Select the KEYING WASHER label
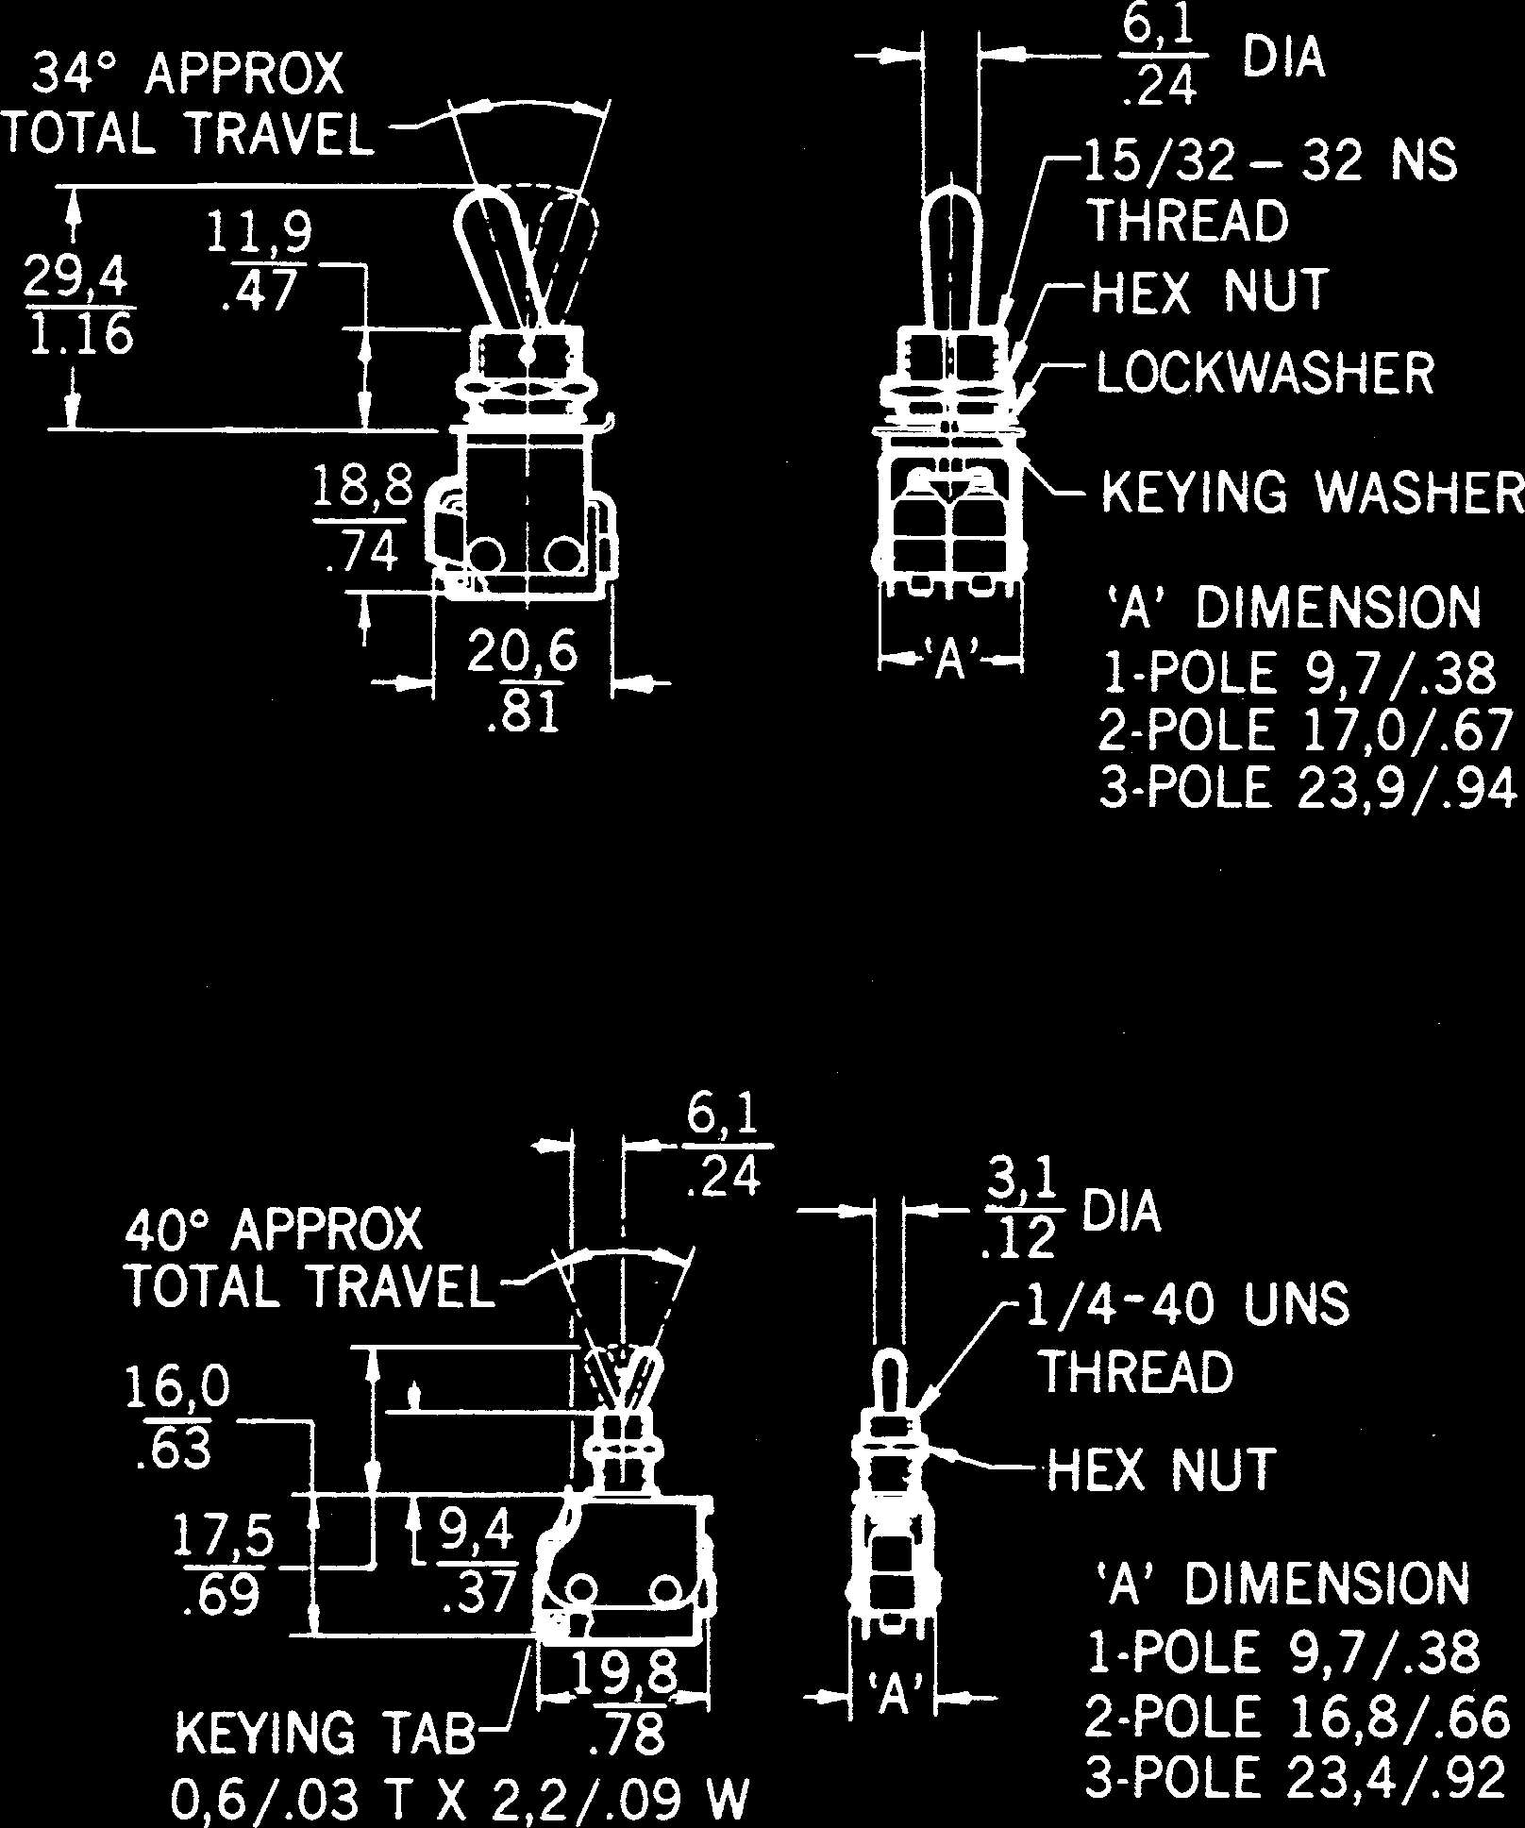1312,493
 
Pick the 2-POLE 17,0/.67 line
1306,730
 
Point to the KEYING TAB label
326,1735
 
